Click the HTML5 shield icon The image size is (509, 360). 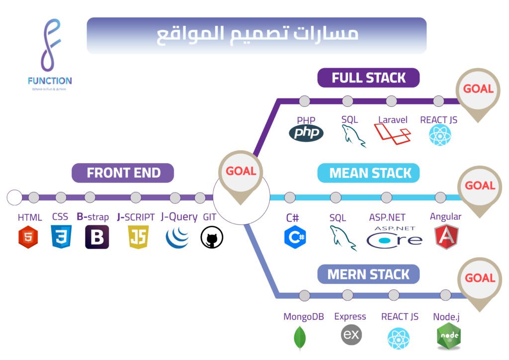[x=28, y=237]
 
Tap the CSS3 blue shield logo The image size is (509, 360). [x=61, y=237]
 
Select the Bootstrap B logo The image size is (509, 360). [x=97, y=237]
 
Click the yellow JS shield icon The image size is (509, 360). [x=138, y=237]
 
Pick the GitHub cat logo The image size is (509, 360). [x=212, y=237]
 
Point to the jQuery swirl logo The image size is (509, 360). [x=177, y=237]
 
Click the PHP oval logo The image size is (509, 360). [x=306, y=133]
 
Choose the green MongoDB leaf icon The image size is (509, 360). [x=300, y=337]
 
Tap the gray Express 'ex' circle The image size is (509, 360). [x=351, y=335]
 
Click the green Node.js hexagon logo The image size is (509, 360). [x=448, y=336]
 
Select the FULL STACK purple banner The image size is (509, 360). [x=368, y=78]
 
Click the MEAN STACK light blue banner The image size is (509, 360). [x=368, y=173]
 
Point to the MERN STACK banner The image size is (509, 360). [x=368, y=274]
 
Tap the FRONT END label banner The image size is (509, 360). [x=123, y=173]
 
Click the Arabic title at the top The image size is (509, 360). [x=256, y=35]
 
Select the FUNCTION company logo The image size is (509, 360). [x=50, y=55]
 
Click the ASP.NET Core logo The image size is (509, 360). [x=394, y=237]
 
